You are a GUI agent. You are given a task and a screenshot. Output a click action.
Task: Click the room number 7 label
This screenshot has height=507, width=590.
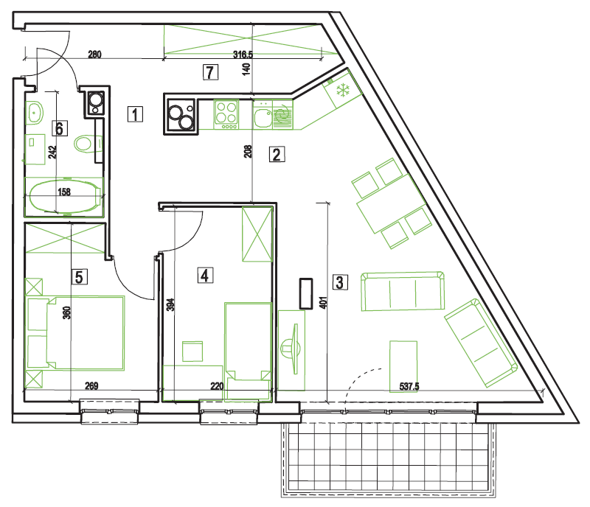(210, 71)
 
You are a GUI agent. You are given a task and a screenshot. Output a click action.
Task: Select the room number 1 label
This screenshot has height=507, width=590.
(135, 114)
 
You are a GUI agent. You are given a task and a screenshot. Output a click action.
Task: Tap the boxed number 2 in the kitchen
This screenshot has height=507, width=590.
(277, 154)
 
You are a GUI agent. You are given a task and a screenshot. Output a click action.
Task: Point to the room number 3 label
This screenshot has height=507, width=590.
(340, 282)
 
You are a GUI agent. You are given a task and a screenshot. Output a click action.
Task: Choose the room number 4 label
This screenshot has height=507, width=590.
(205, 275)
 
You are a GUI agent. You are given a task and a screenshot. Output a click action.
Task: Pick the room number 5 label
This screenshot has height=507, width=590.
(80, 277)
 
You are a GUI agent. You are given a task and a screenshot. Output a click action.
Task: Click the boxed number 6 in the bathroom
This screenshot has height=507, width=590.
(60, 128)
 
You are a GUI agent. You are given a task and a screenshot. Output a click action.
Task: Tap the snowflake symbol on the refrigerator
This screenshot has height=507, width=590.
(343, 91)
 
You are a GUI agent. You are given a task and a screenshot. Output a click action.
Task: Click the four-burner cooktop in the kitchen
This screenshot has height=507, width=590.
(226, 114)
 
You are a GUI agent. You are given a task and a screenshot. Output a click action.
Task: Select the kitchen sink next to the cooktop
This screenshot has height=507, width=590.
(263, 115)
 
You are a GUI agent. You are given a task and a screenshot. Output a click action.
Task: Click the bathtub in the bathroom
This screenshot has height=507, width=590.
(65, 197)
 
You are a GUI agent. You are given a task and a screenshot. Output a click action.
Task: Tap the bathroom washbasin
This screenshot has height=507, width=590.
(35, 112)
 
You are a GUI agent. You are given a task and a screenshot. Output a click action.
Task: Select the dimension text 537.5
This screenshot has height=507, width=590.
(409, 386)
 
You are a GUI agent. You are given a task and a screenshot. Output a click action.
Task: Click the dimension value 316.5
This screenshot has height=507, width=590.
(243, 55)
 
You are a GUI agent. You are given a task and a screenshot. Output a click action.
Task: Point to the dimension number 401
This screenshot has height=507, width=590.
(323, 303)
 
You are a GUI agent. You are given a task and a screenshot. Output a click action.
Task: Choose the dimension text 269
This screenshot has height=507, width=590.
(91, 386)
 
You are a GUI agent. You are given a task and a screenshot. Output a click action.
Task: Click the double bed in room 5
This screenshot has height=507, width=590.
(76, 333)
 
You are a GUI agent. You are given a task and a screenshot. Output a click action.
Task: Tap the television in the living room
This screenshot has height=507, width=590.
(291, 349)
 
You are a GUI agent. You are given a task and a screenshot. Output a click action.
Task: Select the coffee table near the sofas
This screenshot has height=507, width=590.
(403, 366)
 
